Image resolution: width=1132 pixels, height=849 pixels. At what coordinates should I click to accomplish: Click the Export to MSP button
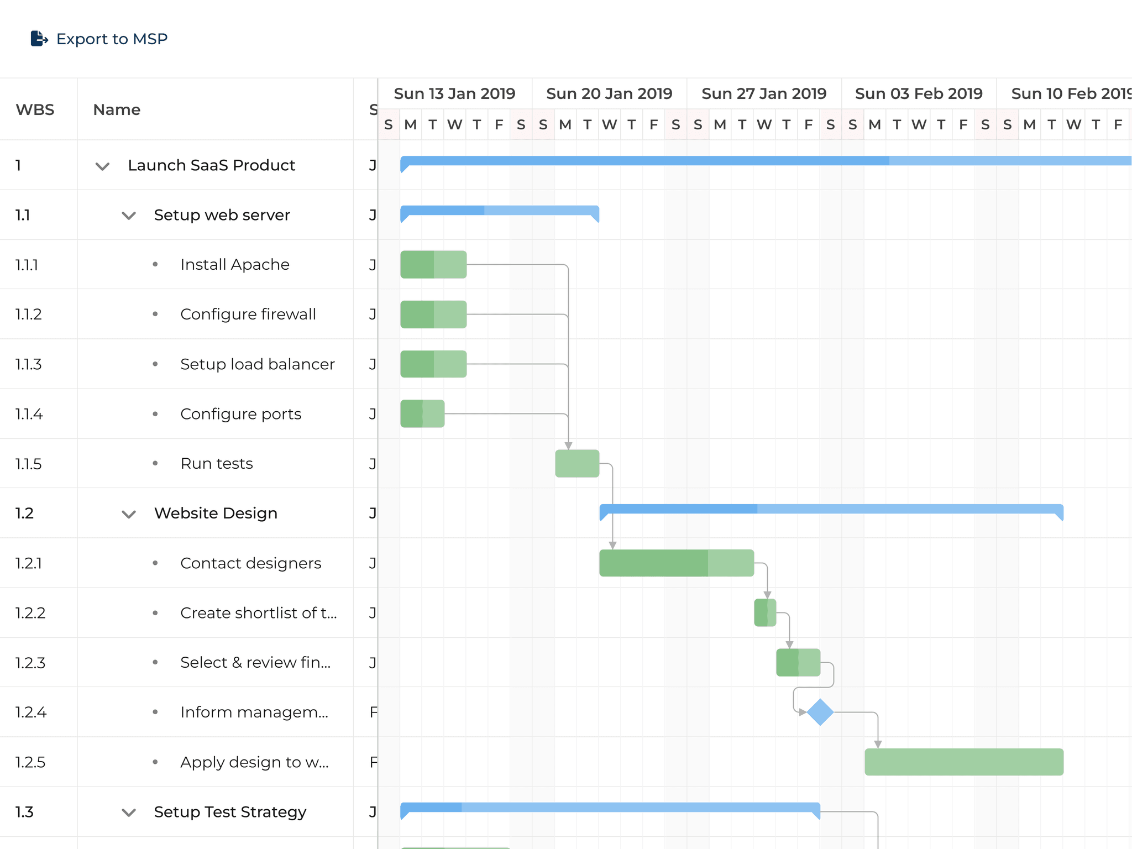pyautogui.click(x=99, y=39)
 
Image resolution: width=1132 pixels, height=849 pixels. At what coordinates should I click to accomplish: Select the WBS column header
pyautogui.click(x=35, y=109)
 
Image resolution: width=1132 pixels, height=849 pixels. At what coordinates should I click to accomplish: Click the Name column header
pyautogui.click(x=117, y=109)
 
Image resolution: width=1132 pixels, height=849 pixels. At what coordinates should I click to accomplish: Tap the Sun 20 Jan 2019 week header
pyautogui.click(x=609, y=93)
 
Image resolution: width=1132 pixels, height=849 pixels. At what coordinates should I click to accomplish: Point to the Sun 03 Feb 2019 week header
pyautogui.click(x=919, y=93)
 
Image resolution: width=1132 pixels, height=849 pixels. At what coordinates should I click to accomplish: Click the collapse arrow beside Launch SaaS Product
pyautogui.click(x=102, y=166)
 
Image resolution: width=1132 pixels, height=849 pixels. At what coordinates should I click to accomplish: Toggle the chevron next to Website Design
pyautogui.click(x=129, y=514)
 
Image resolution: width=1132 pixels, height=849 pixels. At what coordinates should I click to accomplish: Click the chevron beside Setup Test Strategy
pyautogui.click(x=129, y=813)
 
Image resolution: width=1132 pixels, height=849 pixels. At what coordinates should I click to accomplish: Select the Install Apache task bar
pyautogui.click(x=433, y=264)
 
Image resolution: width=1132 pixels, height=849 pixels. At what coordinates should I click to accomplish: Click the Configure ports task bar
pyautogui.click(x=422, y=413)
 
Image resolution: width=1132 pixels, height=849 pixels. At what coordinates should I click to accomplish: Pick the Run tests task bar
pyautogui.click(x=577, y=463)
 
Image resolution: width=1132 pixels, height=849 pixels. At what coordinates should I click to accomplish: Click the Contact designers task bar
pyautogui.click(x=677, y=563)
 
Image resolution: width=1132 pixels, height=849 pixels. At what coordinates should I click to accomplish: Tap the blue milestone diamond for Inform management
pyautogui.click(x=820, y=712)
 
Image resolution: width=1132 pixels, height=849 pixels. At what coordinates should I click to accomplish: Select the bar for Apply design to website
pyautogui.click(x=964, y=762)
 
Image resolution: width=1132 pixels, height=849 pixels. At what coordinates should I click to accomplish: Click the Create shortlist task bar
pyautogui.click(x=765, y=612)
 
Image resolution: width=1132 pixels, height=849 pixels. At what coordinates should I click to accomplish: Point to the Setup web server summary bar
pyautogui.click(x=500, y=211)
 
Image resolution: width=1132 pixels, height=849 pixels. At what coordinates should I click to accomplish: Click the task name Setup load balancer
pyautogui.click(x=258, y=364)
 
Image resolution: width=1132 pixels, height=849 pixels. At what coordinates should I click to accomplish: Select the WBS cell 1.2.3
pyautogui.click(x=30, y=663)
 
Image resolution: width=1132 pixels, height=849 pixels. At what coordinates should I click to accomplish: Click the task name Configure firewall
pyautogui.click(x=248, y=315)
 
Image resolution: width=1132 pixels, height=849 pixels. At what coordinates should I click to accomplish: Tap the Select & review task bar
pyautogui.click(x=798, y=662)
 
